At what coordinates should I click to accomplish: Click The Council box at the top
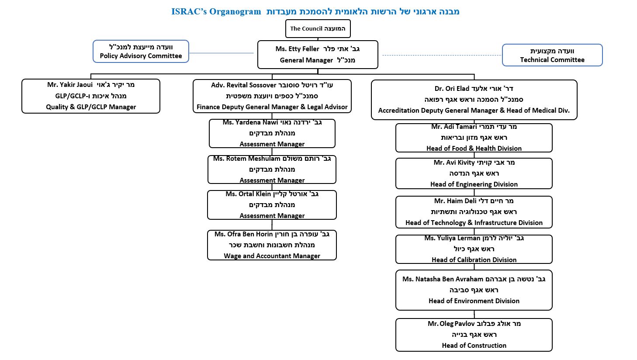click(x=318, y=29)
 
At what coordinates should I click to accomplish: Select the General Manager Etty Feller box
click(x=318, y=55)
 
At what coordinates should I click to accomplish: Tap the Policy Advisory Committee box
click(x=141, y=52)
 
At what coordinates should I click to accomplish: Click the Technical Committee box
click(x=552, y=55)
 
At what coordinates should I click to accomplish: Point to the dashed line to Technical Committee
click(x=441, y=55)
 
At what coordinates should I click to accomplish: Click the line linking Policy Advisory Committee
click(x=221, y=53)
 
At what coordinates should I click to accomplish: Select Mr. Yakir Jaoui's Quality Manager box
click(x=91, y=96)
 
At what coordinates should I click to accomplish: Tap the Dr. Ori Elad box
click(x=474, y=100)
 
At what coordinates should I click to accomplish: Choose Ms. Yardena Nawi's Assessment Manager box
click(x=272, y=133)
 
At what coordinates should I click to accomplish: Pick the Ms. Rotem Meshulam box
click(x=272, y=170)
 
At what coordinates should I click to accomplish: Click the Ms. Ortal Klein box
click(x=272, y=205)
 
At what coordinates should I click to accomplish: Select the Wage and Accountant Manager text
click(x=272, y=256)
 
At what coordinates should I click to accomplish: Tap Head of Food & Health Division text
click(x=474, y=149)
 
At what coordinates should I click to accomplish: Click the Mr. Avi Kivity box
click(x=474, y=173)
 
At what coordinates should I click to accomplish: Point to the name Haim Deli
click(x=461, y=201)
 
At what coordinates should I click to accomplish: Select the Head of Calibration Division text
click(x=474, y=260)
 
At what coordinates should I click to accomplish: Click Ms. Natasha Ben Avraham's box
click(x=474, y=290)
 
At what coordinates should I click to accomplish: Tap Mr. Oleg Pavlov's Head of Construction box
click(x=474, y=335)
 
